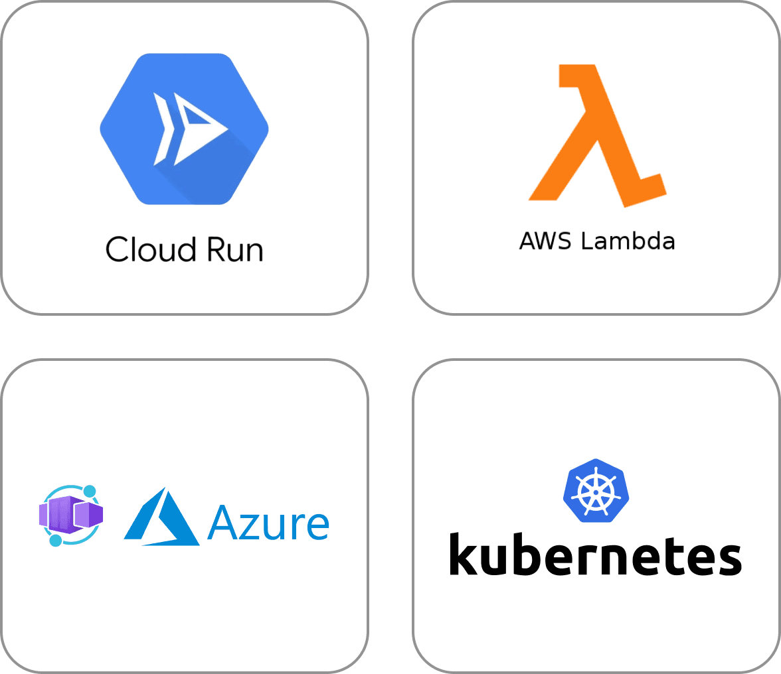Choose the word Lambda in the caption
click(628, 241)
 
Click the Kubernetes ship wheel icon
click(596, 491)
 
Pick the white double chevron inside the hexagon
click(162, 129)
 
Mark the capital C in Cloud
click(118, 250)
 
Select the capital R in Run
click(215, 250)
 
